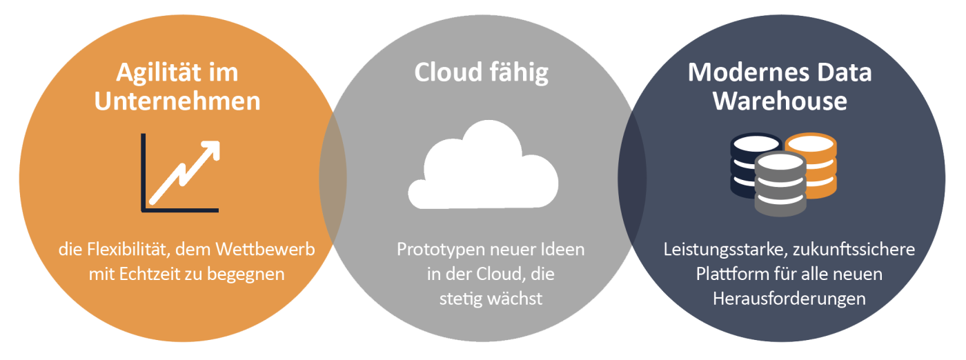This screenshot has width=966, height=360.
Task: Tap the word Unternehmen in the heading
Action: pyautogui.click(x=177, y=101)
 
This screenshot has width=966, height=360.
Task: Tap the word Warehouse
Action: pyautogui.click(x=780, y=101)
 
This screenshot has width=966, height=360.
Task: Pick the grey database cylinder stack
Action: pyautogui.click(x=780, y=183)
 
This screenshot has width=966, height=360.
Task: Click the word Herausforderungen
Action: pyautogui.click(x=789, y=299)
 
